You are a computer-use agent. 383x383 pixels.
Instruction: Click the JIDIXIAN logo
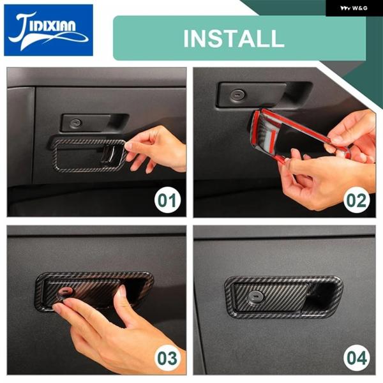(x=49, y=30)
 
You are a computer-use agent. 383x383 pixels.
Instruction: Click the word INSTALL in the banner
(x=234, y=38)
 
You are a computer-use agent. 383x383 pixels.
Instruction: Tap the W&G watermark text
(x=354, y=8)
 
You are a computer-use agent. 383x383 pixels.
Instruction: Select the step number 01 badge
(x=167, y=200)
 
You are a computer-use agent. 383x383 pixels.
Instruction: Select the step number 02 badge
(x=356, y=200)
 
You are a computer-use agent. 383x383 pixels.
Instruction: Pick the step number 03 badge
(x=167, y=358)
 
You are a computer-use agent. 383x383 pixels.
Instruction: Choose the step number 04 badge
(x=356, y=358)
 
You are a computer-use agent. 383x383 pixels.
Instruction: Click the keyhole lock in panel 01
(x=75, y=123)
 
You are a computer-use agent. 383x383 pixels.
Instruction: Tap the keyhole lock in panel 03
(x=66, y=292)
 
